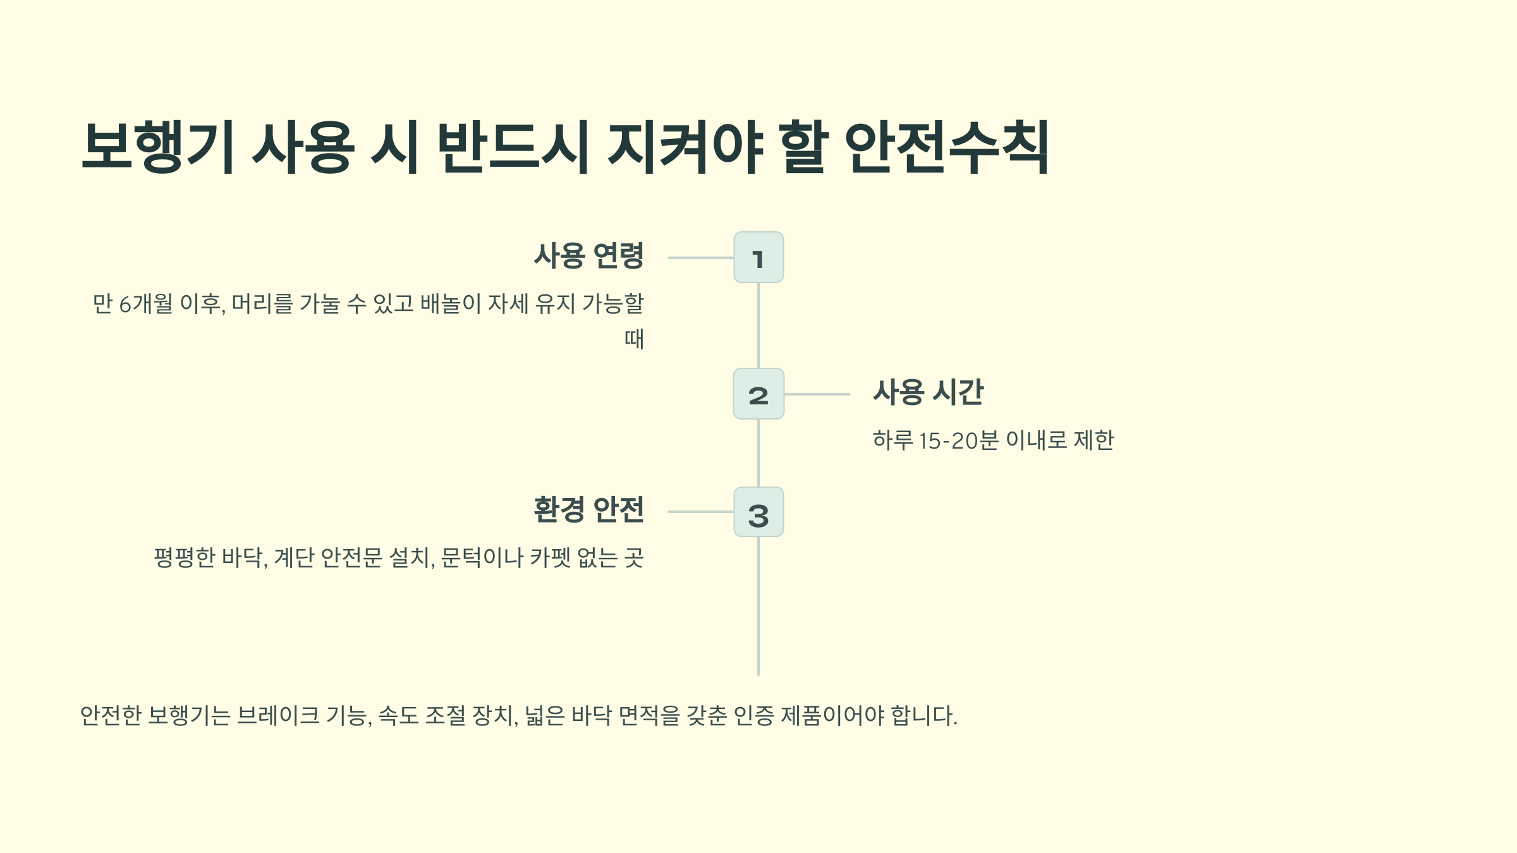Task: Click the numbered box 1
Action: pyautogui.click(x=758, y=257)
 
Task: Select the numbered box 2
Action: pyautogui.click(x=758, y=394)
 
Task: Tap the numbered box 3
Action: pyautogui.click(x=758, y=512)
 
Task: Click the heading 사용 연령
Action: pyautogui.click(x=588, y=256)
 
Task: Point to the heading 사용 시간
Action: pyautogui.click(x=928, y=392)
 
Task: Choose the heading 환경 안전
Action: pyautogui.click(x=588, y=510)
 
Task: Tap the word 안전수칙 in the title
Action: pyautogui.click(x=946, y=147)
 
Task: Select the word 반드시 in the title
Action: pyautogui.click(x=513, y=147)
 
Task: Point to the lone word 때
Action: pyautogui.click(x=634, y=339)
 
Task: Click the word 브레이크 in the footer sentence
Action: pyautogui.click(x=278, y=716)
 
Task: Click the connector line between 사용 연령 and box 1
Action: pyautogui.click(x=700, y=258)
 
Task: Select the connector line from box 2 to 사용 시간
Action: pyautogui.click(x=817, y=394)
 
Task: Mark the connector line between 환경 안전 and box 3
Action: pyautogui.click(x=700, y=512)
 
